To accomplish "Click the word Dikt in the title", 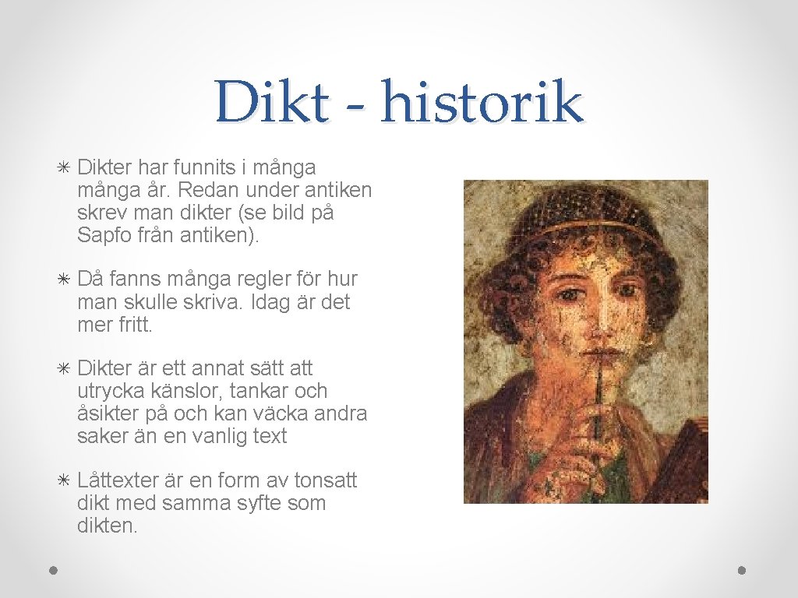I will (x=272, y=103).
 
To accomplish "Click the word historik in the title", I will (x=482, y=103).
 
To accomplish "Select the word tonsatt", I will (x=321, y=481).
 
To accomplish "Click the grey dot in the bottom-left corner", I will (x=52, y=570).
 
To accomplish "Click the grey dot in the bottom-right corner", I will (x=742, y=570).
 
